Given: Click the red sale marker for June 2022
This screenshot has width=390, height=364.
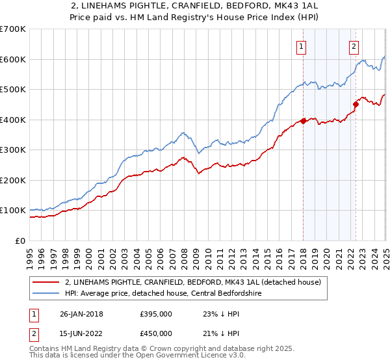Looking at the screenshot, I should click(x=356, y=104).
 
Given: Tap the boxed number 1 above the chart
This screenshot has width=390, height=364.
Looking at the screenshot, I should click(x=302, y=46).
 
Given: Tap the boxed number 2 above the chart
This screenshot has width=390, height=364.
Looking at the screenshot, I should click(x=354, y=46).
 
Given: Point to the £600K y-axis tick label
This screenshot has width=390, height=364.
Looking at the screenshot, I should click(x=13, y=59).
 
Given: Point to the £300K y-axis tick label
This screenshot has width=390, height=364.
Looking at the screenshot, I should click(x=13, y=150).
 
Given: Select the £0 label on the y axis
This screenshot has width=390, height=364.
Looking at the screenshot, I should click(x=19, y=240).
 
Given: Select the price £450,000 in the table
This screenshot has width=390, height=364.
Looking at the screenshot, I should click(x=156, y=333).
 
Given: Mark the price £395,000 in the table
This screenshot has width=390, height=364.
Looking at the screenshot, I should click(x=156, y=314).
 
